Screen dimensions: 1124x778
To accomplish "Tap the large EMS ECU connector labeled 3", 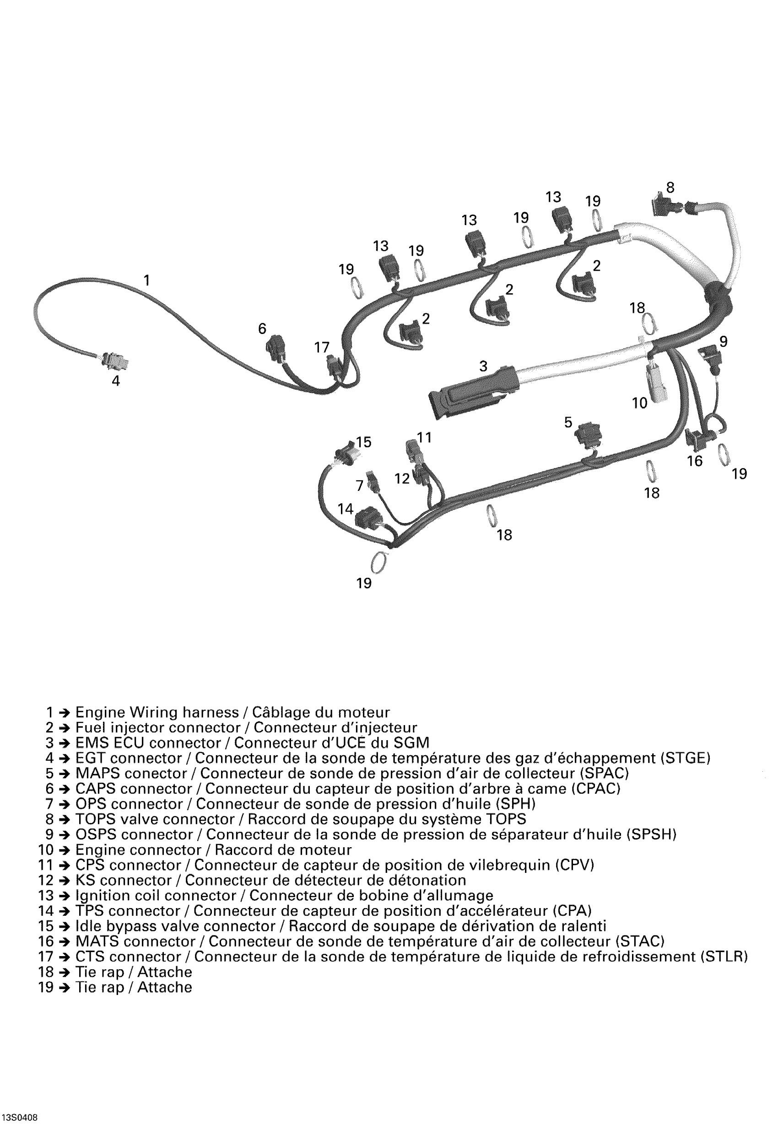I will point(468,392).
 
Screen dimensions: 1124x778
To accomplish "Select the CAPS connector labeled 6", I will point(276,348).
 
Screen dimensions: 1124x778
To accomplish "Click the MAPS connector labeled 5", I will point(588,433).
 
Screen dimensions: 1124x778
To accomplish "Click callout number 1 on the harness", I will point(146,280).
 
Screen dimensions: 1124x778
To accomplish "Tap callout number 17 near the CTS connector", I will point(322,347).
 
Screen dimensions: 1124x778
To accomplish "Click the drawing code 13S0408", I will point(20,1113).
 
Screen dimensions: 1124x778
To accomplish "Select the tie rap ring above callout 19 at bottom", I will point(378,563).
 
